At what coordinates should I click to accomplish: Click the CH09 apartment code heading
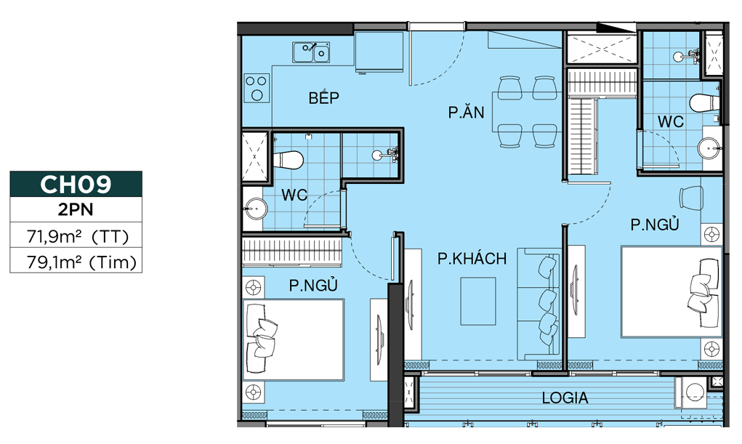pyautogui.click(x=76, y=184)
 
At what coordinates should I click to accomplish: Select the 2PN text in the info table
pyautogui.click(x=76, y=209)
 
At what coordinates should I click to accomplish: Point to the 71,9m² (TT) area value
pyautogui.click(x=78, y=235)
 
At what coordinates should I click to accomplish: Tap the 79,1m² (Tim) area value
pyautogui.click(x=81, y=262)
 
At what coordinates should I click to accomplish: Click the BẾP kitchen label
pyautogui.click(x=323, y=97)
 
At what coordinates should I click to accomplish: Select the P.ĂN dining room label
pyautogui.click(x=466, y=112)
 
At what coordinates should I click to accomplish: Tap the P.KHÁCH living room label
pyautogui.click(x=472, y=259)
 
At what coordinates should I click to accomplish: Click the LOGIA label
pyautogui.click(x=565, y=397)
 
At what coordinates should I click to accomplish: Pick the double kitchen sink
pyautogui.click(x=311, y=52)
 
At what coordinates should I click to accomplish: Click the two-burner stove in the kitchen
pyautogui.click(x=257, y=88)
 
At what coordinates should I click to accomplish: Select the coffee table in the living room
pyautogui.click(x=478, y=301)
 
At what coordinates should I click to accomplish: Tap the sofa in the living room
pyautogui.click(x=538, y=304)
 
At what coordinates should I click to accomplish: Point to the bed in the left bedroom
pyautogui.click(x=294, y=339)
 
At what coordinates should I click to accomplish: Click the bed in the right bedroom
pyautogui.click(x=672, y=291)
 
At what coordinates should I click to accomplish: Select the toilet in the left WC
pyautogui.click(x=288, y=160)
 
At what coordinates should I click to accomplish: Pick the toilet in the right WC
pyautogui.click(x=703, y=102)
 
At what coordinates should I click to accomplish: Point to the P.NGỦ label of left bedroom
pyautogui.click(x=313, y=285)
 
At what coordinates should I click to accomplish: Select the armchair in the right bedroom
pyautogui.click(x=691, y=197)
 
